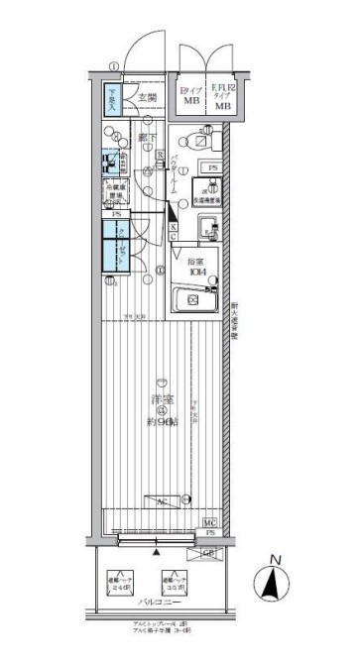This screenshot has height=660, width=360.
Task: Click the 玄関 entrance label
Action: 146,96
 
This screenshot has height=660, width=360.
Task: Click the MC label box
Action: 210,521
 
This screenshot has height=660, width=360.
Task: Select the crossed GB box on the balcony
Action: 210,553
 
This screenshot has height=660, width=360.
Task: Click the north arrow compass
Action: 271,582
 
